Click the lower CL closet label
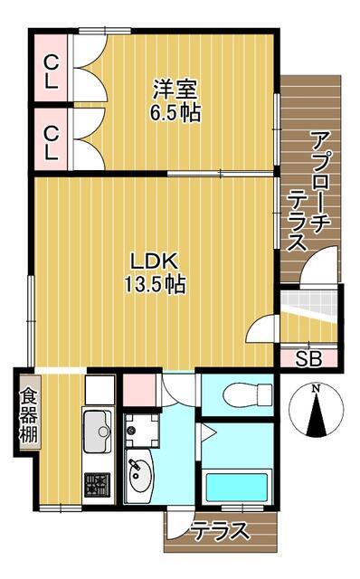click(x=51, y=141)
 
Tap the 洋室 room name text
click(x=175, y=90)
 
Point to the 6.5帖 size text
click(x=175, y=113)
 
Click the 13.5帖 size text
click(x=155, y=285)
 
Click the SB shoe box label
click(x=308, y=357)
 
